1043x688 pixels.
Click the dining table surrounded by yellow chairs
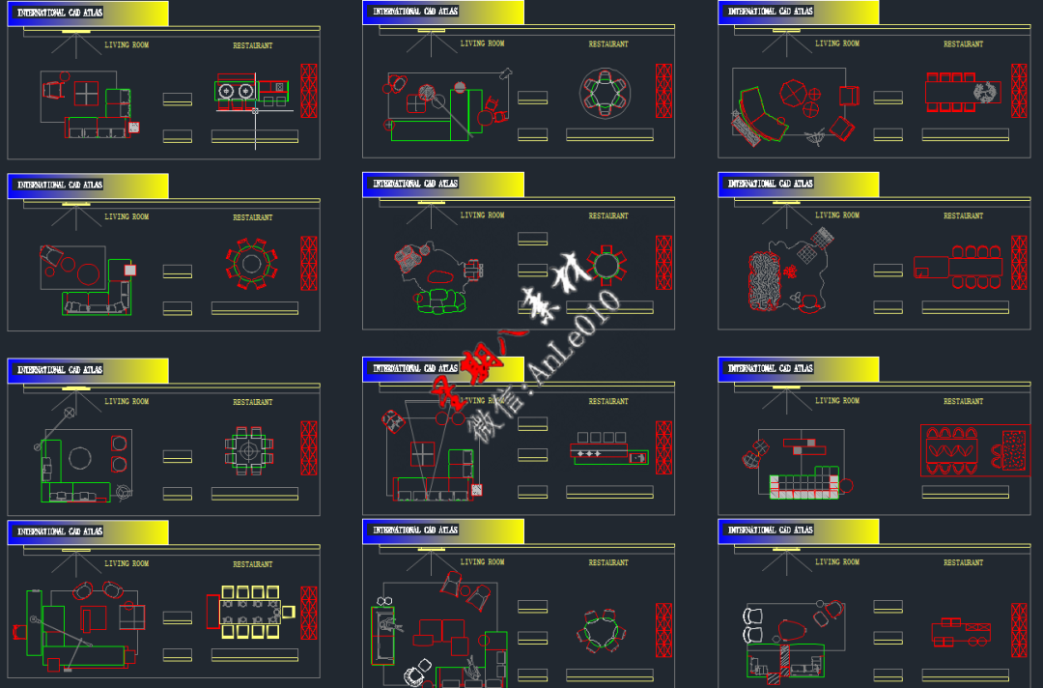[250, 612]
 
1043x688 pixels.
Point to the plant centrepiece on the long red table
[985, 93]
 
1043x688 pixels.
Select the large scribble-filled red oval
[766, 279]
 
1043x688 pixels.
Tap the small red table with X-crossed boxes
[961, 634]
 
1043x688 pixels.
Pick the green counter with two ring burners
[238, 91]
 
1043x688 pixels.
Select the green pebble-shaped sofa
[441, 303]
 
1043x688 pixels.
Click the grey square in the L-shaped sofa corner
[129, 271]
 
